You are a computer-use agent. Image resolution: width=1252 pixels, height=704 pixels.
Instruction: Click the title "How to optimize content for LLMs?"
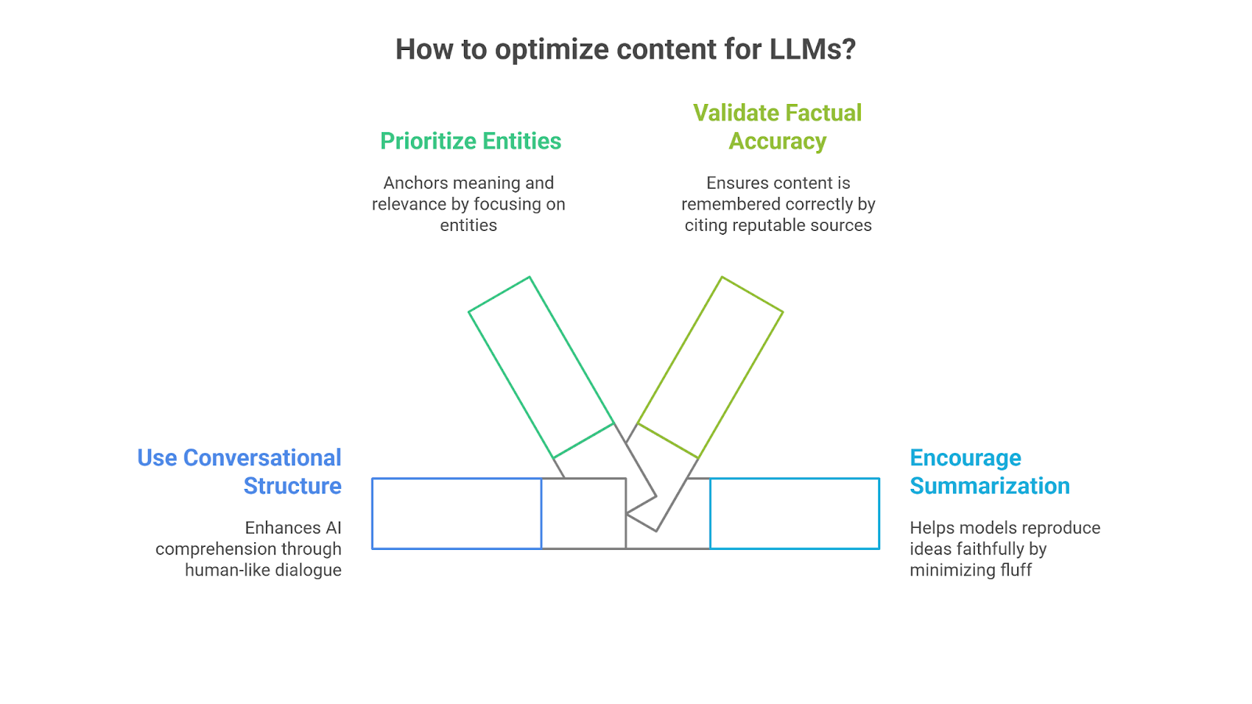coord(625,49)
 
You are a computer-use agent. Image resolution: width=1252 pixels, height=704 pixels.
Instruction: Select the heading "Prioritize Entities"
coord(470,141)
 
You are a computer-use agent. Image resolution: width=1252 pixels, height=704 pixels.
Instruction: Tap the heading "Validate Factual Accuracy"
coord(777,127)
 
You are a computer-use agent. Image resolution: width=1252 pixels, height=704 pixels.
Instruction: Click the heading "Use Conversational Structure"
coord(239,472)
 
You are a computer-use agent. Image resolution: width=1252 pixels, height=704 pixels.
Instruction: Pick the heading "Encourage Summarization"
coord(989,472)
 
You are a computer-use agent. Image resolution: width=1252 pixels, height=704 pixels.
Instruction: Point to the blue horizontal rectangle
coord(456,513)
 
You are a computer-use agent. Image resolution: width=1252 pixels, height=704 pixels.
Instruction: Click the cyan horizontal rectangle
coord(794,513)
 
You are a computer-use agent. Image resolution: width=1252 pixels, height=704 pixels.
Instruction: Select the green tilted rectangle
coord(541,367)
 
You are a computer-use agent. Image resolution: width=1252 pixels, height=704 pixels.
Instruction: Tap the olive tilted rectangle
coord(711,367)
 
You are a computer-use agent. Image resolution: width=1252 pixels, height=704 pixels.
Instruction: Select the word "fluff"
coord(1015,570)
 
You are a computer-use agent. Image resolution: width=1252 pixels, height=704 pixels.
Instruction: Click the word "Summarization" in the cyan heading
coord(989,486)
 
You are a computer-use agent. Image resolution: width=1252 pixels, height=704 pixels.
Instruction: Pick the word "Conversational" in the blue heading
coord(262,458)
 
